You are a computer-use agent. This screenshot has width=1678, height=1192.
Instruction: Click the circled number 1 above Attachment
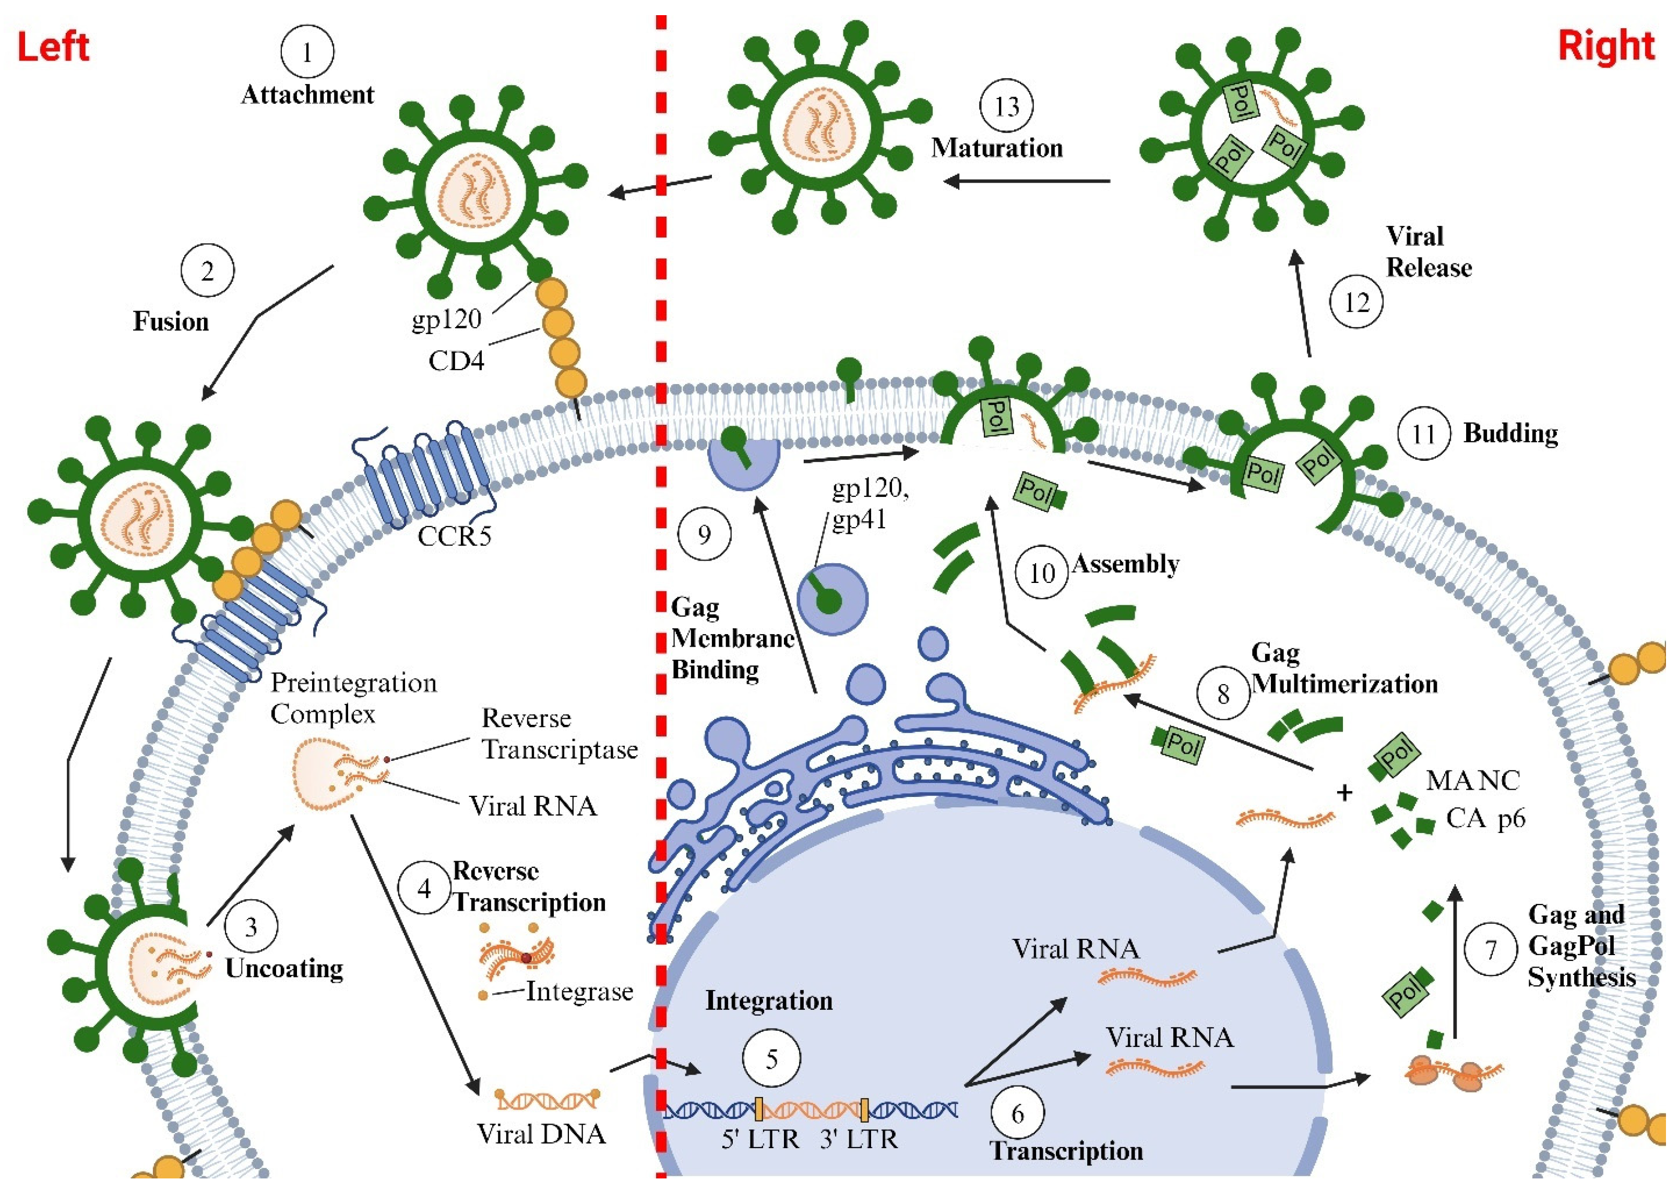[x=307, y=52]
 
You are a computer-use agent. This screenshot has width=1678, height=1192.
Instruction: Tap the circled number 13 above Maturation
[x=1006, y=106]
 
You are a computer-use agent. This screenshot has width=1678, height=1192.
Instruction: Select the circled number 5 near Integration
[x=771, y=1058]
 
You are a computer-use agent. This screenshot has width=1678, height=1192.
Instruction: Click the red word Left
[x=53, y=47]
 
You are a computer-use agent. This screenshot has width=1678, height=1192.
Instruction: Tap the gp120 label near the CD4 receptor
[x=446, y=320]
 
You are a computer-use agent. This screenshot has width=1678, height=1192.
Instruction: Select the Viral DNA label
[x=541, y=1135]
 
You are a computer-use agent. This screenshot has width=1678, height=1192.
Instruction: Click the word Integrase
[x=579, y=992]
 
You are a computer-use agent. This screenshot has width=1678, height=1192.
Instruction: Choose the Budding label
[x=1510, y=433]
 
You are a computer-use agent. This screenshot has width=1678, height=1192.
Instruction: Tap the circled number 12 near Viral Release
[x=1356, y=302]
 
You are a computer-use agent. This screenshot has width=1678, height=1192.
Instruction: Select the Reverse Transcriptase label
[x=560, y=733]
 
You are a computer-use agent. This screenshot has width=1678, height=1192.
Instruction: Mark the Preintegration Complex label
[x=353, y=698]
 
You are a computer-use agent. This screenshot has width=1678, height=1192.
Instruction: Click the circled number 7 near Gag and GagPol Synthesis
[x=1490, y=950]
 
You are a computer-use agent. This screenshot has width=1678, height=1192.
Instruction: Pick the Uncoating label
[x=284, y=968]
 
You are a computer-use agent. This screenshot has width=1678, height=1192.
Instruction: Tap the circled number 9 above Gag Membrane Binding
[x=704, y=534]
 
